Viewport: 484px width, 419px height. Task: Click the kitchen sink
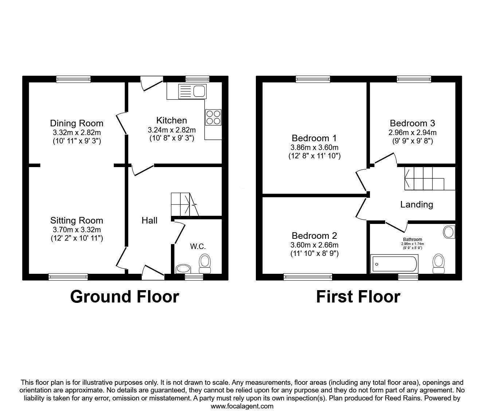tap(192, 91)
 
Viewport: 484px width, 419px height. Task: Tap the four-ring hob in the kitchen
tap(213, 117)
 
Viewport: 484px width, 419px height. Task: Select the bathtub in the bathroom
tap(394, 264)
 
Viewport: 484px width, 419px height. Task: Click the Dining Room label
tap(77, 123)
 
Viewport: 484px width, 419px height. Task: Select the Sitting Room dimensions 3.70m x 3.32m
tap(77, 230)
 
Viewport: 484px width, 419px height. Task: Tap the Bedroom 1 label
tap(314, 138)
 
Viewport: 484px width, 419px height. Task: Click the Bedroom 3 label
tap(412, 123)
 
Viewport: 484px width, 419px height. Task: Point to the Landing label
tap(417, 205)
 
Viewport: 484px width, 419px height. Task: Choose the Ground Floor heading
tap(124, 297)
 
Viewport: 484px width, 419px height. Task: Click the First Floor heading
tap(358, 297)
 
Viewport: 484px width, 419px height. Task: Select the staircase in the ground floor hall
tap(184, 205)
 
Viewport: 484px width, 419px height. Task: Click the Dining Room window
tap(73, 79)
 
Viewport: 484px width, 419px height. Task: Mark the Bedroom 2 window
tap(308, 277)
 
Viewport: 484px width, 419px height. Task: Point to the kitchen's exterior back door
tap(151, 83)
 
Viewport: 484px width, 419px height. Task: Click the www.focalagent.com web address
tap(242, 406)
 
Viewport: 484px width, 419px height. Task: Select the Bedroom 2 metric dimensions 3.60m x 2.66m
tap(314, 245)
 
